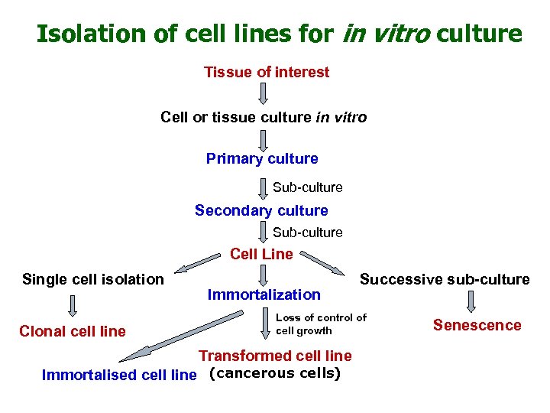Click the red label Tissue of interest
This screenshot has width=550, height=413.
[267, 73]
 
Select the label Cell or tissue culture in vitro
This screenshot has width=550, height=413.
[264, 118]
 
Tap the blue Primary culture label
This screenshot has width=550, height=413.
[262, 159]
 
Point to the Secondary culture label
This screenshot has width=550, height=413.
[261, 211]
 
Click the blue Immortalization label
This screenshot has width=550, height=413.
[264, 294]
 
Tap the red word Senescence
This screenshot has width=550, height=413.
[477, 325]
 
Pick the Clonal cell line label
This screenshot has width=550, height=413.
[73, 331]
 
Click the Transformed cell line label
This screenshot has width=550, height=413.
[275, 356]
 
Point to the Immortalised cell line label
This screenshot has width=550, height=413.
[119, 375]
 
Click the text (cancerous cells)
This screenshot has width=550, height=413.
[274, 374]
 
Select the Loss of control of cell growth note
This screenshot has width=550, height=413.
[321, 324]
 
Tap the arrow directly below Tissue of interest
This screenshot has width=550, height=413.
[263, 94]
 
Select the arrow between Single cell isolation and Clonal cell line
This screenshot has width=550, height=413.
[73, 306]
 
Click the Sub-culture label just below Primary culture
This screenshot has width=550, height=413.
[308, 187]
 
